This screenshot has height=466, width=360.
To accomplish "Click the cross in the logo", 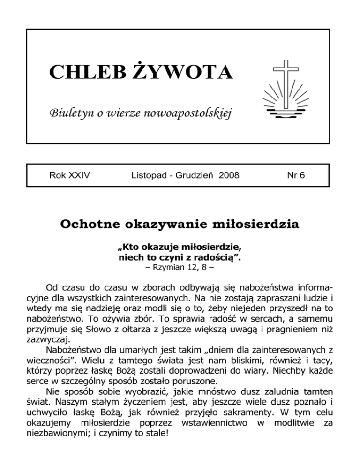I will (286, 80).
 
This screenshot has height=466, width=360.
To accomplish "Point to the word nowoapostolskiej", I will (191, 113).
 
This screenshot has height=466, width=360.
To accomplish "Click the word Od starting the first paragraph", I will (52, 287).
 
